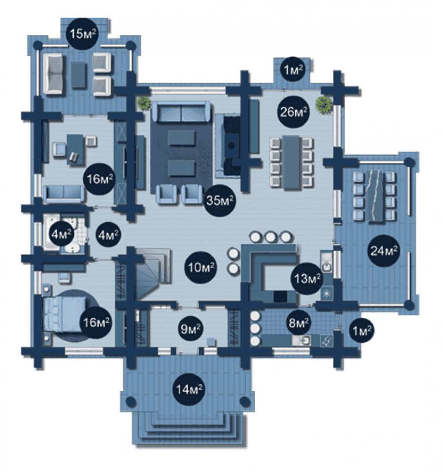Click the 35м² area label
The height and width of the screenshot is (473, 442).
(220, 200)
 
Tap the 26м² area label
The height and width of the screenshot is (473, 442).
(293, 112)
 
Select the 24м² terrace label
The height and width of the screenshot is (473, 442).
(384, 250)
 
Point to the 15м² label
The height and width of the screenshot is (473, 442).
(83, 34)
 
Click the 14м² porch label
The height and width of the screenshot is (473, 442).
(189, 389)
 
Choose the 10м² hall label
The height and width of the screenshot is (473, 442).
(201, 267)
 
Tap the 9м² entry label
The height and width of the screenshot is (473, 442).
(191, 329)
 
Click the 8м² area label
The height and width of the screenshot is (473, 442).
(299, 322)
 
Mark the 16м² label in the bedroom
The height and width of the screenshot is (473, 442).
(96, 322)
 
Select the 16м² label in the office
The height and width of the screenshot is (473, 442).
(99, 179)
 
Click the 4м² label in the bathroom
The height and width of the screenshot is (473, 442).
(61, 234)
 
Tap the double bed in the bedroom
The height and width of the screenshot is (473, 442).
(64, 314)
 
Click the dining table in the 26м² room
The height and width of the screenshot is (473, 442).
(291, 162)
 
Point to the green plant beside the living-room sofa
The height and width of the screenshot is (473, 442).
(144, 103)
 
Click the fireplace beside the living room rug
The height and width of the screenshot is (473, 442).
(232, 145)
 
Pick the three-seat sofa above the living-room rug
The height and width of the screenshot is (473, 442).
(181, 112)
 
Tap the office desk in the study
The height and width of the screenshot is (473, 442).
(75, 149)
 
